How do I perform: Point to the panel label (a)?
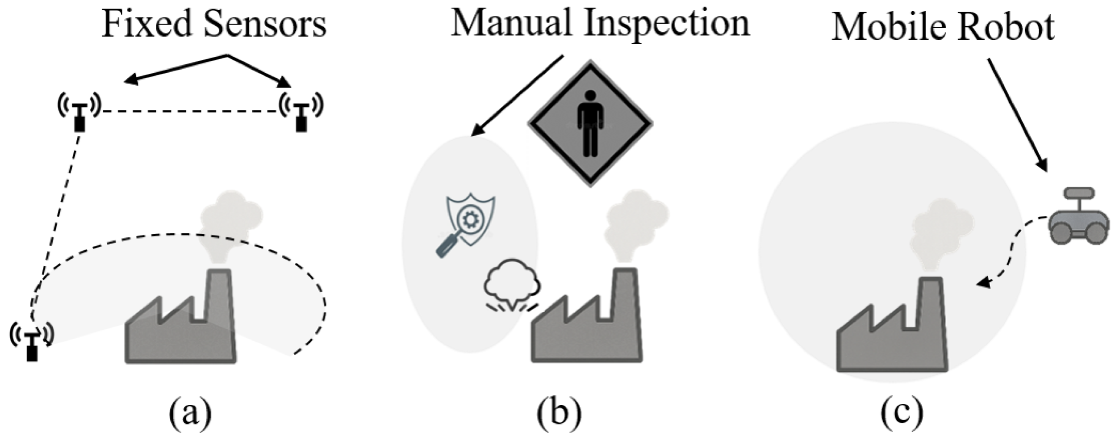(x=190, y=413)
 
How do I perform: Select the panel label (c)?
(x=902, y=413)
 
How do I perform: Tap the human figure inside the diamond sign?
(x=590, y=124)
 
